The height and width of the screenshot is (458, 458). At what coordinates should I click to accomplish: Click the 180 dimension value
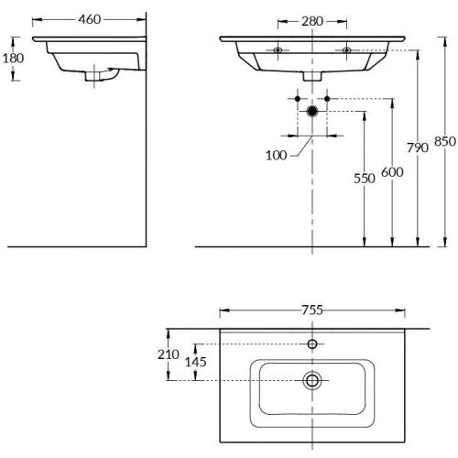(x=12, y=59)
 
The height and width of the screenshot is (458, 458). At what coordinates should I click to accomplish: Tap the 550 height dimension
(x=365, y=180)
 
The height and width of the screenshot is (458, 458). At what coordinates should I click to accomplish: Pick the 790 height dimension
(x=417, y=147)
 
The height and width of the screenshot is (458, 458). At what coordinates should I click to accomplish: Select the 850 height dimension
(x=443, y=142)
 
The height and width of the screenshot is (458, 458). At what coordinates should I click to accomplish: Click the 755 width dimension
(x=312, y=309)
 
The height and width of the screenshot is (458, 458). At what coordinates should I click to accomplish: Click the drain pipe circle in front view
(x=313, y=111)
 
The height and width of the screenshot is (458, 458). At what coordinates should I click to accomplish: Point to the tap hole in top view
(x=312, y=343)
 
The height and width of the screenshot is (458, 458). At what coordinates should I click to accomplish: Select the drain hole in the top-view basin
(x=312, y=379)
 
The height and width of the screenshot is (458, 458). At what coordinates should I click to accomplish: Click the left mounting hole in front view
(x=278, y=49)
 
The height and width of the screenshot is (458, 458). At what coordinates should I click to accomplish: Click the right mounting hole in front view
(x=346, y=49)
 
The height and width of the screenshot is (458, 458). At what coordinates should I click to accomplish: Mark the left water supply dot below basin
(x=300, y=96)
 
